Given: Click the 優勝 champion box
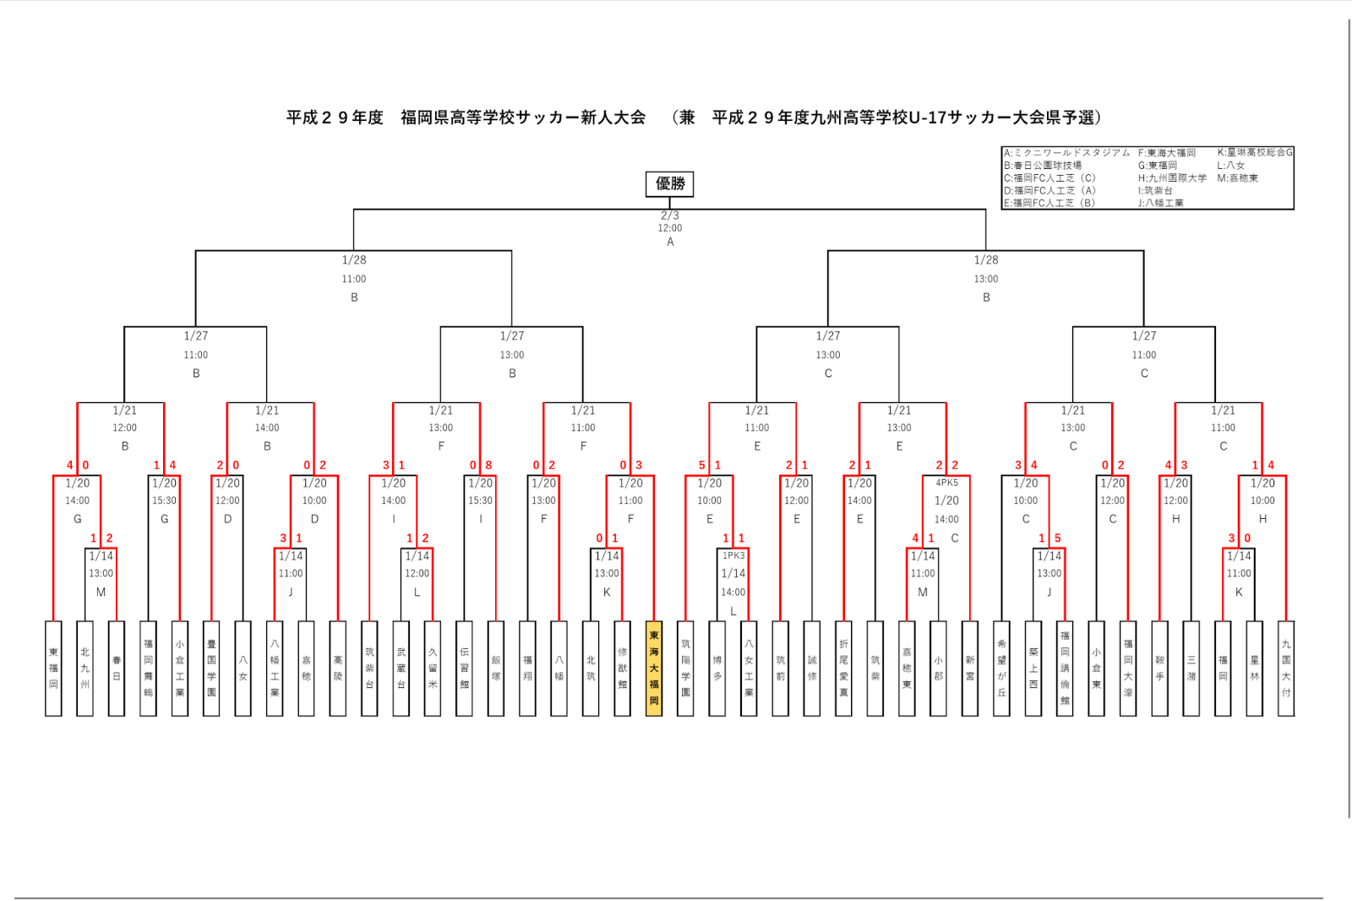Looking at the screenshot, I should pos(669,183).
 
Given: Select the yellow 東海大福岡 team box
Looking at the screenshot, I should pos(653,669).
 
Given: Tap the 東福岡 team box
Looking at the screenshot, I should pos(53,669).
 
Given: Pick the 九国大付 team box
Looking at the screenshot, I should pos(1285,669).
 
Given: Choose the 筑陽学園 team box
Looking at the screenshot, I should pos(685,669).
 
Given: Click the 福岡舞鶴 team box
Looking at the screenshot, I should pos(148,669).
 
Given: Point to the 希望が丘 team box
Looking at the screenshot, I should pos(1001,669).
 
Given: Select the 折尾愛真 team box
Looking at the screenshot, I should pos(843,669).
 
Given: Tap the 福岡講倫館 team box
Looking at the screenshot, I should pos(1065,669).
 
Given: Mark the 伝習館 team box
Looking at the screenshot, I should pos(464,669).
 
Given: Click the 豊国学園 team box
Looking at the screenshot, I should pos(211,669).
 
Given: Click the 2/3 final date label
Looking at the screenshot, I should pos(669,216).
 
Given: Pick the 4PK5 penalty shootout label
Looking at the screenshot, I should pos(946,483).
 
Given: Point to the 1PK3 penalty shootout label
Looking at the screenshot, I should pos(733,555).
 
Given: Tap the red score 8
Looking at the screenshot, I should pos(488,465).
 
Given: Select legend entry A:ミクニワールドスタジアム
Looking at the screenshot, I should pos(1066,153).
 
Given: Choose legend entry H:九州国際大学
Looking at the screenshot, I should pos(1172,178).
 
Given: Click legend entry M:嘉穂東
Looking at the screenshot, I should pos(1237,178).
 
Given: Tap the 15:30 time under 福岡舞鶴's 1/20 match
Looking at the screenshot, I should pos(164,500).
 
